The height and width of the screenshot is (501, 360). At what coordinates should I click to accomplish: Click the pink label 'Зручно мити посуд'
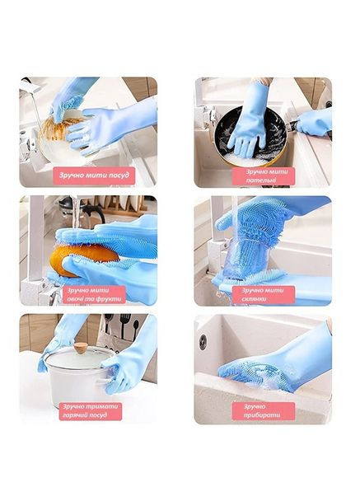point(94,176)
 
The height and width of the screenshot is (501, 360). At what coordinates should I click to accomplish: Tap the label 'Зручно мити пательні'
point(264,176)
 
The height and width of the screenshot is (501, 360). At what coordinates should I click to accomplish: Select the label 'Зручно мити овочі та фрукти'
point(94,295)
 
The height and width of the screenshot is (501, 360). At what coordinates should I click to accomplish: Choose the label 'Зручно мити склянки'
point(264,295)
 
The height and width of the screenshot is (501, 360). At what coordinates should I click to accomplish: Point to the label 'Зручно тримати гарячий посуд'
point(91,411)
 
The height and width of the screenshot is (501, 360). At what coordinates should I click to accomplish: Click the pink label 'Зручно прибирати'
point(264,411)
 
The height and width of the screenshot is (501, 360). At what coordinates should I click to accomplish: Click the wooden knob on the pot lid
point(80,348)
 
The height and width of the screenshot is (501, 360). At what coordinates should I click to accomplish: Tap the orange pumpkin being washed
point(84,260)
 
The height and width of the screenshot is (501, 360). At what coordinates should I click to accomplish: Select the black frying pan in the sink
point(250,137)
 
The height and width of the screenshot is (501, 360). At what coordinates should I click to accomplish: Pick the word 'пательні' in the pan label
point(260,180)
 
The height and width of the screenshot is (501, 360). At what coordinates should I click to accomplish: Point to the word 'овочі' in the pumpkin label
point(74,299)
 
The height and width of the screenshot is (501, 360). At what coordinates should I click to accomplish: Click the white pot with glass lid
point(79,375)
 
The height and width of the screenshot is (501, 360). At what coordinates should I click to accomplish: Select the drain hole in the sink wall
point(203,342)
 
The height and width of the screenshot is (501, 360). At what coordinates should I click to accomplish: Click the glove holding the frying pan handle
point(314,122)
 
